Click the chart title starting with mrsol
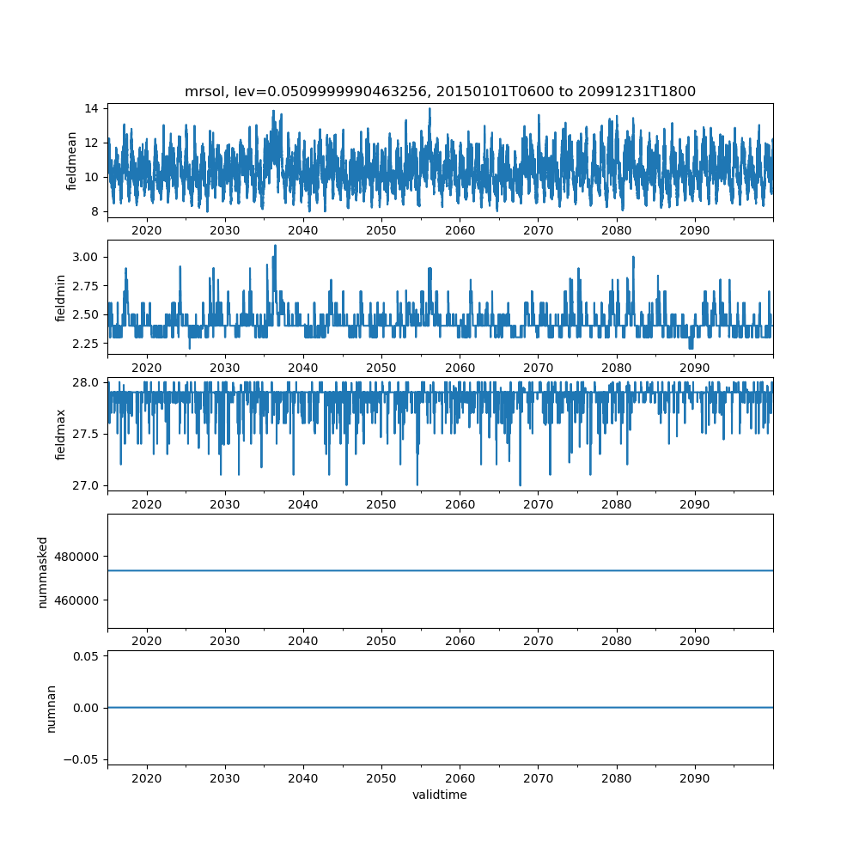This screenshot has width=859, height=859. (440, 91)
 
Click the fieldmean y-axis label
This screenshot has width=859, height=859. (72, 161)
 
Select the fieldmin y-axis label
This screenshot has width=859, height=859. (60, 297)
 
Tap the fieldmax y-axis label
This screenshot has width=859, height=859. (60, 434)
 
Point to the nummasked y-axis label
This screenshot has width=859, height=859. (42, 571)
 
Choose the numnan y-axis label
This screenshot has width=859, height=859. (51, 708)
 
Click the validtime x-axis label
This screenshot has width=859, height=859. (440, 795)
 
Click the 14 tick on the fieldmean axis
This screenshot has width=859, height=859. (90, 108)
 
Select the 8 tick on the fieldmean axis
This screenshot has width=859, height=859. (94, 211)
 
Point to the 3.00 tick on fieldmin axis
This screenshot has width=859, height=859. (84, 257)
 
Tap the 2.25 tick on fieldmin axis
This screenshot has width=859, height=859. (84, 344)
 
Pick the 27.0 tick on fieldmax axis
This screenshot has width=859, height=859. (84, 485)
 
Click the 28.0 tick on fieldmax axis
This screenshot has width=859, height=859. (84, 382)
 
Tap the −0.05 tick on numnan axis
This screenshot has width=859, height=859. (81, 759)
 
